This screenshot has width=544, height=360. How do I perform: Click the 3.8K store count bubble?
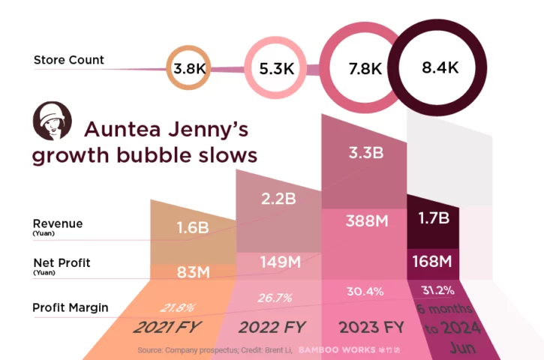point(188,68)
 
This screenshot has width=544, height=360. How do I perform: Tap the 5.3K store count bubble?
point(276,69)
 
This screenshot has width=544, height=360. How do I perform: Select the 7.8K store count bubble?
point(365,68)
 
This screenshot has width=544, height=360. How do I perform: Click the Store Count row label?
point(69,60)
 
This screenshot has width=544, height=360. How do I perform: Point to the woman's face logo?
point(52,121)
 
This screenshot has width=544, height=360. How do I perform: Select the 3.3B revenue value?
point(365,153)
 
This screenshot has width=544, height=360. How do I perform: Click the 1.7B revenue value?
point(433,219)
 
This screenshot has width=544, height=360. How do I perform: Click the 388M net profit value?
point(365,221)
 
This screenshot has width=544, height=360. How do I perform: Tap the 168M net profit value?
point(433,262)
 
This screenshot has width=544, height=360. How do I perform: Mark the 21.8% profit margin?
point(178,307)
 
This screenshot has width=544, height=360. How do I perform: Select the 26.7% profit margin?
point(274,298)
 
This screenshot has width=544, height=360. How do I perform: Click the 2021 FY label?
point(168,328)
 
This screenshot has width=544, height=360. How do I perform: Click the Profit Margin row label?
point(71,307)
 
